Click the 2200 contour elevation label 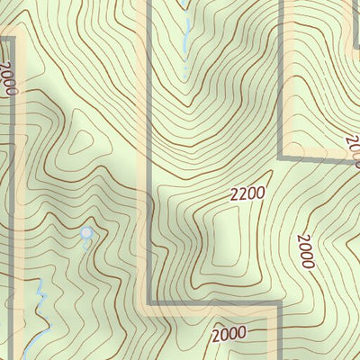click(x=247, y=192)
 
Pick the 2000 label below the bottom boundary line click(x=229, y=335)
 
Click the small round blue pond click(x=86, y=233)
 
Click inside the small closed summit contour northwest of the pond click(x=84, y=143)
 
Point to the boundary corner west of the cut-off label click(x=283, y=157)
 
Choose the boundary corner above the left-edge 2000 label click(x=13, y=38)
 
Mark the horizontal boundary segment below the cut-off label click(x=319, y=158)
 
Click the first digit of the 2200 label click(x=234, y=194)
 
